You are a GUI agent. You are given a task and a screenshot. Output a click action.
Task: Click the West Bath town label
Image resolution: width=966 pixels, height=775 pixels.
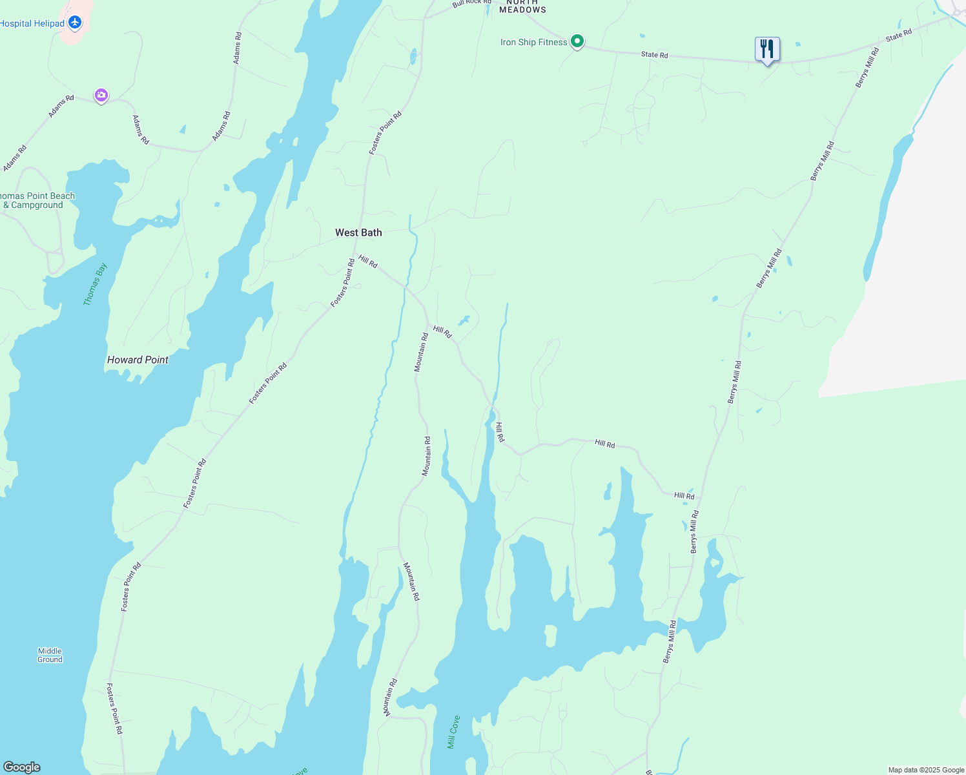(358, 232)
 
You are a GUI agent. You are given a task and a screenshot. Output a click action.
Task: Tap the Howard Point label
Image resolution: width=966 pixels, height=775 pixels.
(138, 360)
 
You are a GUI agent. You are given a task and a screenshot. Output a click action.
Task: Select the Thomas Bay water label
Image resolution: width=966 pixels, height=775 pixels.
(95, 284)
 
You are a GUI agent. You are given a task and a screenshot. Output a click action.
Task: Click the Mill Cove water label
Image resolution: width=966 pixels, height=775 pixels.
(454, 732)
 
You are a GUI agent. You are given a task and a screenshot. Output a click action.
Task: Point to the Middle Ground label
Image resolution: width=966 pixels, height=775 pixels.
(50, 655)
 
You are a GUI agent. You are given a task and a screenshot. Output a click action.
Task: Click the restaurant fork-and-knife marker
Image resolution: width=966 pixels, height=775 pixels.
(767, 49)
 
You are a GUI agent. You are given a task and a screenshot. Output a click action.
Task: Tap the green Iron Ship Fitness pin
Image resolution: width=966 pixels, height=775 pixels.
(578, 42)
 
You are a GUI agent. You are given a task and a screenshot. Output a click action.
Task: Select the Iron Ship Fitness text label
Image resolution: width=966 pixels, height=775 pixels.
(533, 43)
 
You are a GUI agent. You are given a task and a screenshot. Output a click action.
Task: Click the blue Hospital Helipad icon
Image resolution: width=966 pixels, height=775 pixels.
(75, 23)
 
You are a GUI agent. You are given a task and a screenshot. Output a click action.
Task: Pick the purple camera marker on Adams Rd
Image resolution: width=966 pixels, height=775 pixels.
(101, 96)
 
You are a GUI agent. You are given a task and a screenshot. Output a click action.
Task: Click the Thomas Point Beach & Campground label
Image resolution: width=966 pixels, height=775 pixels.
(37, 200)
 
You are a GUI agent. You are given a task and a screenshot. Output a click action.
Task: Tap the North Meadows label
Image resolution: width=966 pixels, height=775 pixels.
(522, 6)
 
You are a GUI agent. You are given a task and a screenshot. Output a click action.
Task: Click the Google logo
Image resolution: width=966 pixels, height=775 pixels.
(21, 767)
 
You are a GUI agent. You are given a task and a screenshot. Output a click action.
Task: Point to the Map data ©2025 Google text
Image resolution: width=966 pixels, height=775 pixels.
(926, 770)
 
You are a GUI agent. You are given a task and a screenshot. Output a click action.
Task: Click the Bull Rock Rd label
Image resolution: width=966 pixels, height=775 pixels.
(471, 3)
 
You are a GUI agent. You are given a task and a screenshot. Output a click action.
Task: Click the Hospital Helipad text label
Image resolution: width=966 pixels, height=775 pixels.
(32, 24)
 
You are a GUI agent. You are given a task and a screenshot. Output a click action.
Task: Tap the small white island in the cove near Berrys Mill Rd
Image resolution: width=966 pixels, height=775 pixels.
(550, 635)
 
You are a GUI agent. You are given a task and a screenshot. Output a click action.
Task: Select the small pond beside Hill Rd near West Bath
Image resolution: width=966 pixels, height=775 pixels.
(464, 320)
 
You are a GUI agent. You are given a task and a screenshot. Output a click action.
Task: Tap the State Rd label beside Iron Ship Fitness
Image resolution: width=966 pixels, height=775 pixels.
(654, 55)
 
